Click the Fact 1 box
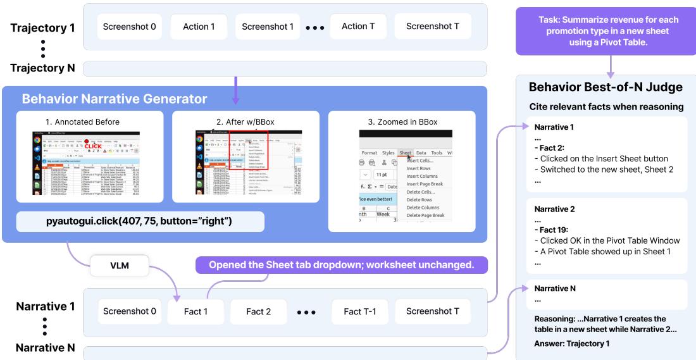pos(196,311)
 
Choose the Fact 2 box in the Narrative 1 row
pos(259,311)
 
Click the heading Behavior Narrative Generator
pos(115,99)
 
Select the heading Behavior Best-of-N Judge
pos(606,88)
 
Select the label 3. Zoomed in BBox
pos(401,121)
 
